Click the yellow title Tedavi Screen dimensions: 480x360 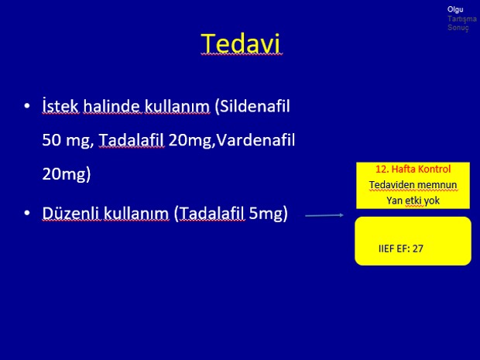[241, 43]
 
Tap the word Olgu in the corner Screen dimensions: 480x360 [455, 10]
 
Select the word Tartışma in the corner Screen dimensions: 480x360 [462, 19]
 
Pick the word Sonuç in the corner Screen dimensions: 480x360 [458, 28]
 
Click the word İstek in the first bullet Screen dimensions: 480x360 [60, 106]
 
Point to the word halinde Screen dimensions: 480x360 [111, 106]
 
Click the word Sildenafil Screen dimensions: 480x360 [252, 107]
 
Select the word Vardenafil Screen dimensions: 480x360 [255, 140]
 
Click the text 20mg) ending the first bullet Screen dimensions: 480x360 [67, 174]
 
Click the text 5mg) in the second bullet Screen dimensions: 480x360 [268, 213]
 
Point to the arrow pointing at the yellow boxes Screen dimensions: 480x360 [324, 215]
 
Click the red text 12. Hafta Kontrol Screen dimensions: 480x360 [413, 169]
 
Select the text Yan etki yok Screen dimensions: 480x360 [413, 201]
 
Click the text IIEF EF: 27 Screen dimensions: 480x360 [401, 249]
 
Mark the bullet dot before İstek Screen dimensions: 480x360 [27, 106]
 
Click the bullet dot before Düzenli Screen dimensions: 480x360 [27, 213]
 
